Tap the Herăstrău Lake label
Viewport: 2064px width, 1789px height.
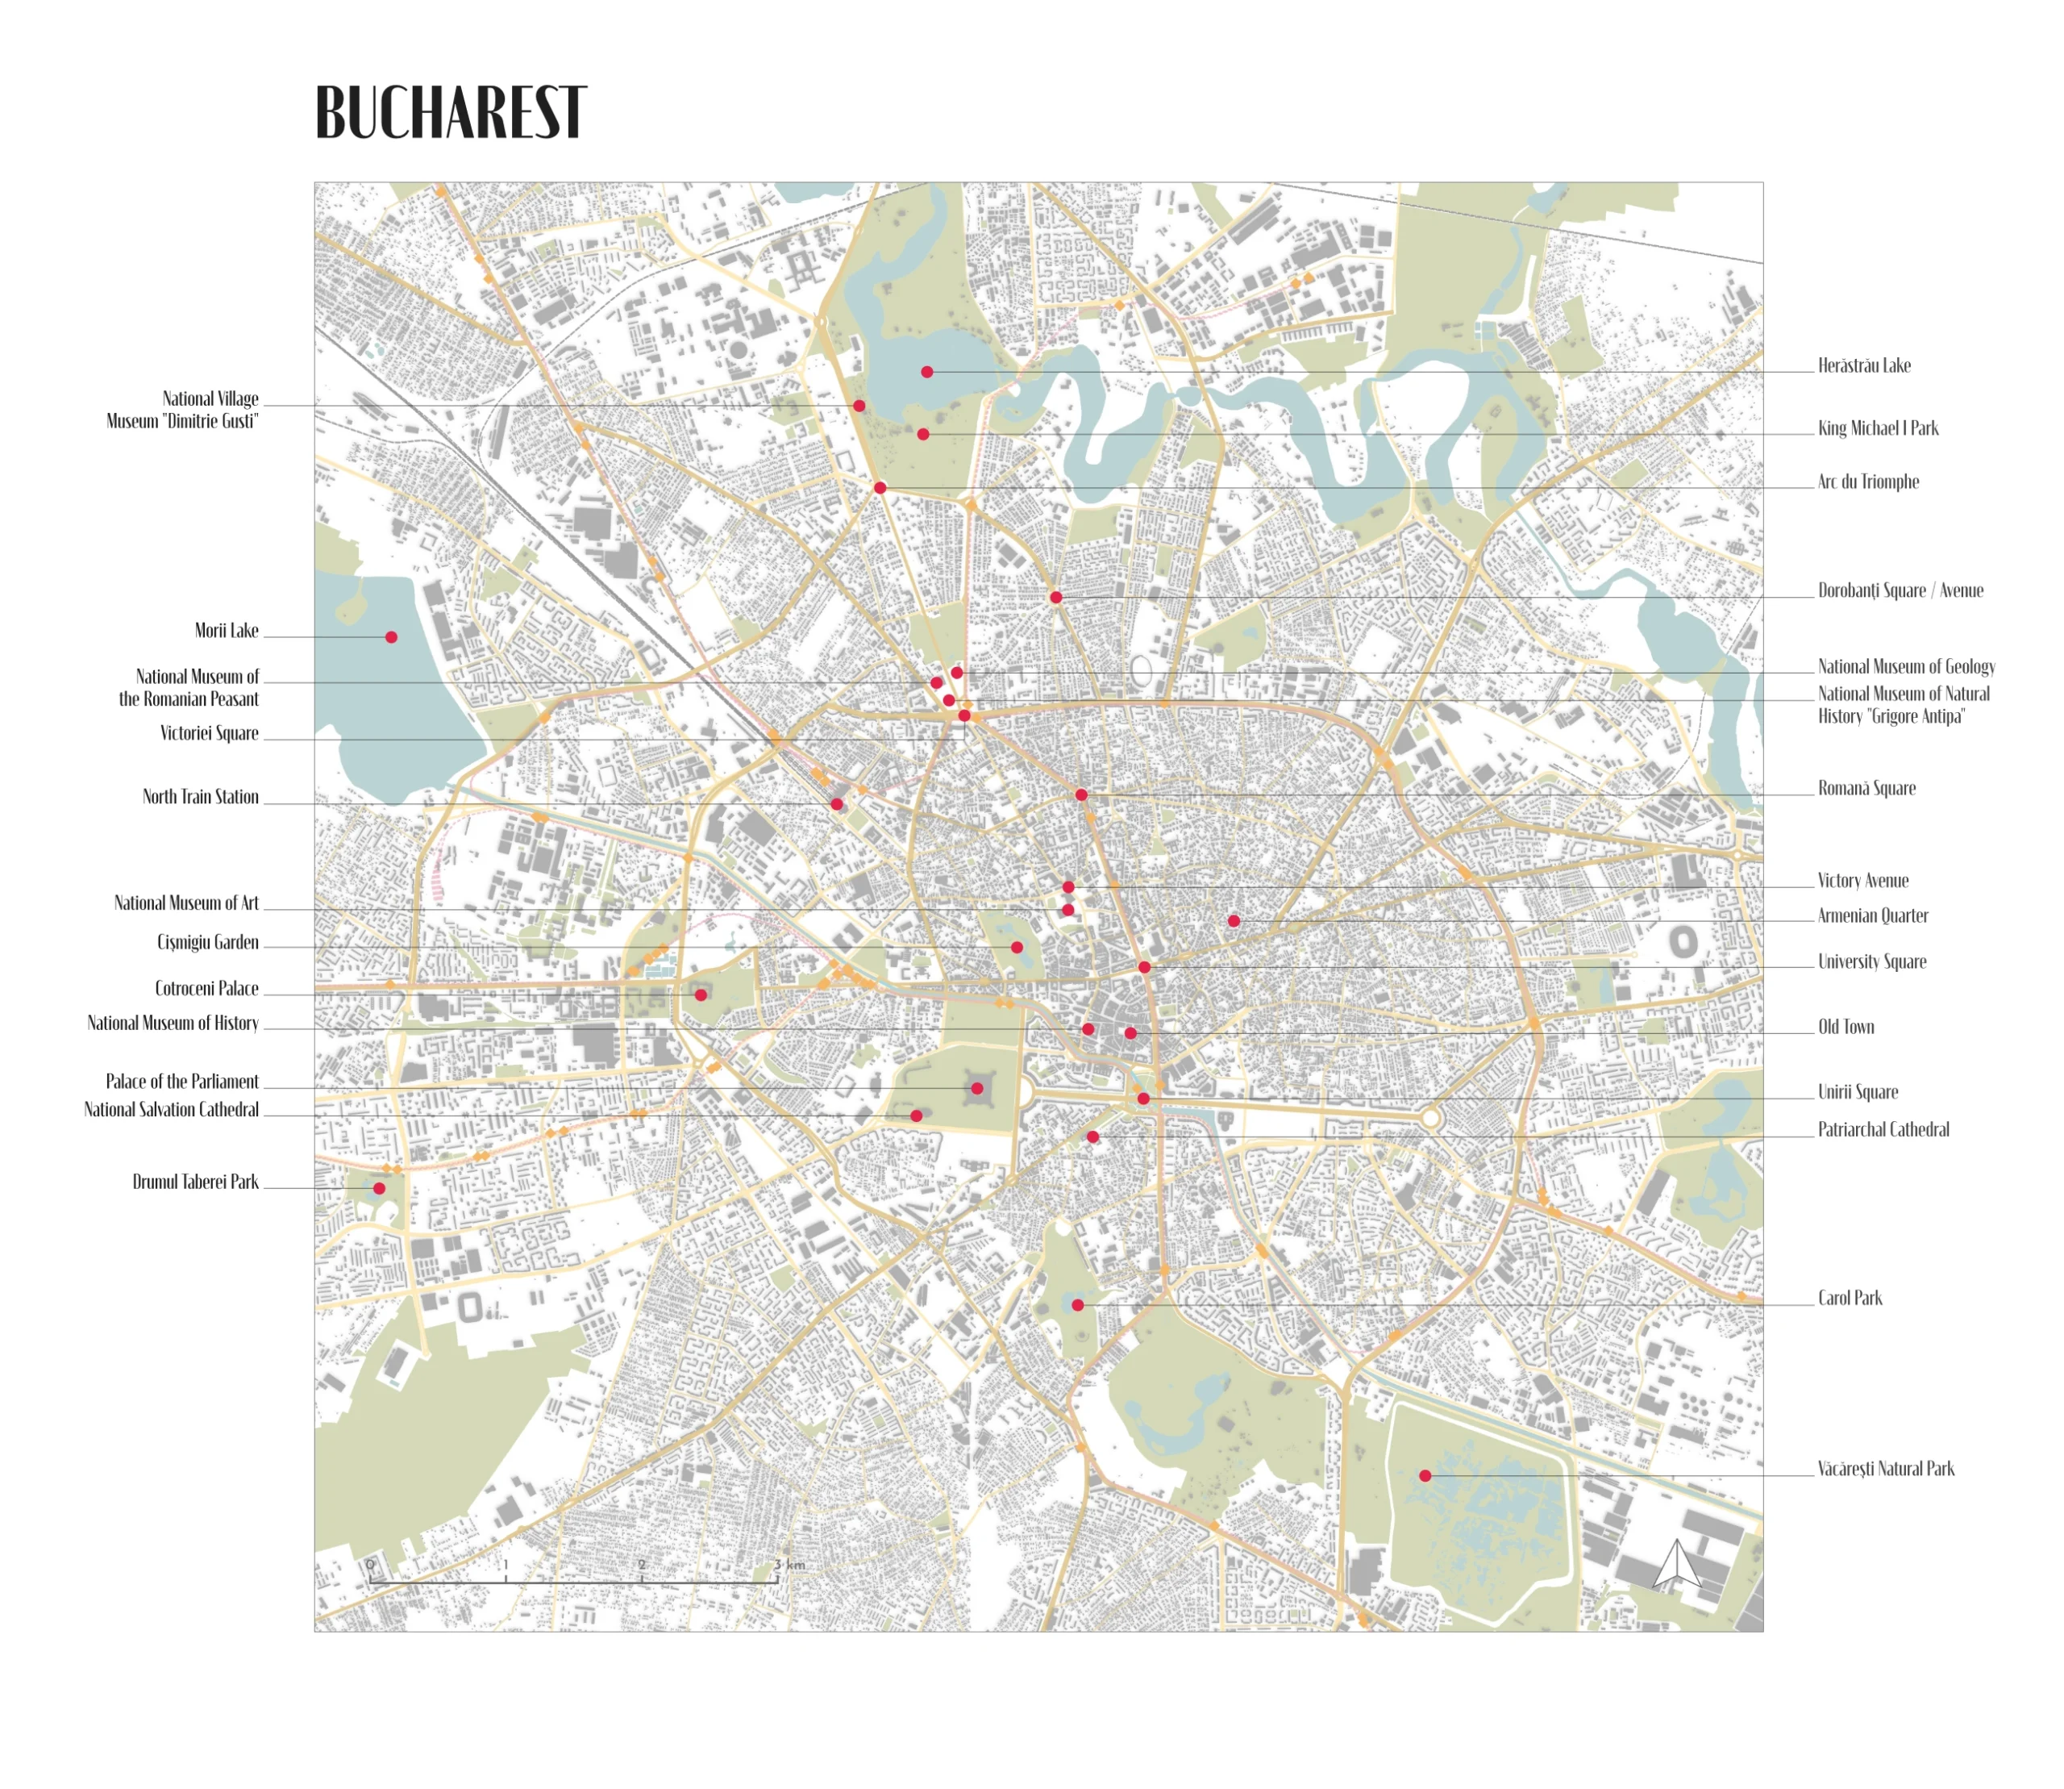(1863, 366)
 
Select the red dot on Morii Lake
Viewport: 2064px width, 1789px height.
(391, 637)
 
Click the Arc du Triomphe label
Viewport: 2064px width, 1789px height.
(1867, 482)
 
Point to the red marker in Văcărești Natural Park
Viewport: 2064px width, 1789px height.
(1425, 1475)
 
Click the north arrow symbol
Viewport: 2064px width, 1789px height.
(1677, 1565)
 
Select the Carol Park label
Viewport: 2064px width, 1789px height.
(1850, 1299)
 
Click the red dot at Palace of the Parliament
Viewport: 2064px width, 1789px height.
(977, 1088)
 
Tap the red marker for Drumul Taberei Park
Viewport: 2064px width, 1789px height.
(379, 1188)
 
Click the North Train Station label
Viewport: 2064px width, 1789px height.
(200, 798)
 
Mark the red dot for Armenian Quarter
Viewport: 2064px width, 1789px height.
(1234, 920)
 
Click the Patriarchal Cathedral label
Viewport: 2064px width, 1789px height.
(1883, 1130)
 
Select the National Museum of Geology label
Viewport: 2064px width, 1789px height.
(1905, 667)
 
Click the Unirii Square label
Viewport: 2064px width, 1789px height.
(1858, 1092)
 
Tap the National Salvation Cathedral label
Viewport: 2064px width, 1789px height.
(172, 1110)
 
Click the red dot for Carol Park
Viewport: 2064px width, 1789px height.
(1078, 1305)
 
